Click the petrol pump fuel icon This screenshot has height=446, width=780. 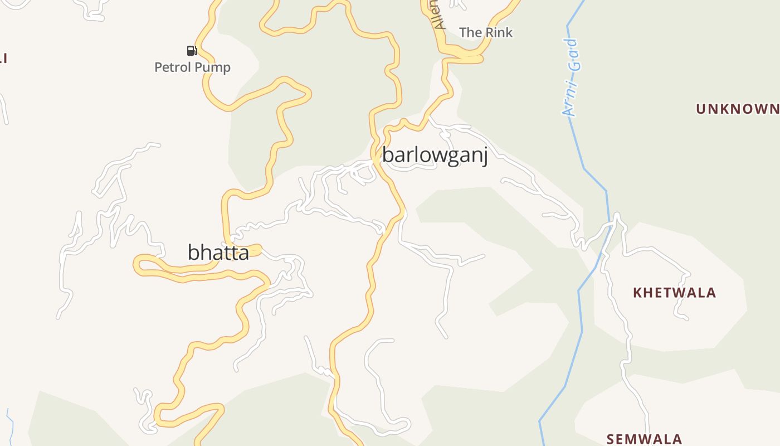tap(192, 51)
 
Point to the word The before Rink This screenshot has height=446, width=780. tap(471, 32)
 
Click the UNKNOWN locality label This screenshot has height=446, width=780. tap(738, 109)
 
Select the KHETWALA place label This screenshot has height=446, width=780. tap(674, 293)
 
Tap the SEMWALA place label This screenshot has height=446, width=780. tap(644, 439)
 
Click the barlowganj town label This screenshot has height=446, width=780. tap(435, 155)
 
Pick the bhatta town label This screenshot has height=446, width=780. tap(218, 253)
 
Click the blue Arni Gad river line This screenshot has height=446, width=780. tap(581, 312)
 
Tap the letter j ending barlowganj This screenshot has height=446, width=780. tap(485, 156)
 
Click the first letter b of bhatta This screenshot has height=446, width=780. tap(193, 253)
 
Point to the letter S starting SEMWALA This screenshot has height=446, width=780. tap(611, 439)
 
